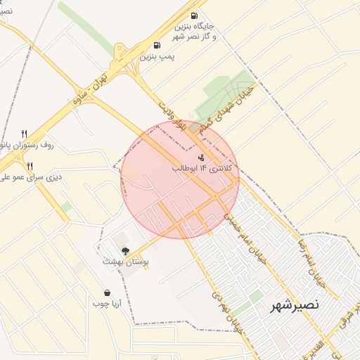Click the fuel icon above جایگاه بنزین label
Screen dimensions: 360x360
click(194, 15)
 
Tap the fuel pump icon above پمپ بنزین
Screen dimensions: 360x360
click(156, 46)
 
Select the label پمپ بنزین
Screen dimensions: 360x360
click(157, 56)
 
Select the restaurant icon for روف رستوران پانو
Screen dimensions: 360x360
click(24, 133)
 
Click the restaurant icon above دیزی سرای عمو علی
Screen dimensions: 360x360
click(30, 167)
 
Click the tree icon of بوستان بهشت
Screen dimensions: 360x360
click(126, 250)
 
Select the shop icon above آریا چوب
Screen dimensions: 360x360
click(107, 292)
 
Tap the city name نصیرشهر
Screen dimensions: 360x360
click(295, 306)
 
